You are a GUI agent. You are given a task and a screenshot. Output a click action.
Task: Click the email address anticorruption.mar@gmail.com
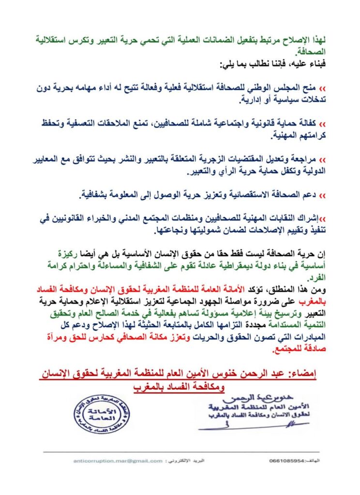[x=118, y=461]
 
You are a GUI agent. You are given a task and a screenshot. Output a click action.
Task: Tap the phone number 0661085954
[x=288, y=461]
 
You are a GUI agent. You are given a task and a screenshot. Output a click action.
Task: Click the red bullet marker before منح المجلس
[x=323, y=90]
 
